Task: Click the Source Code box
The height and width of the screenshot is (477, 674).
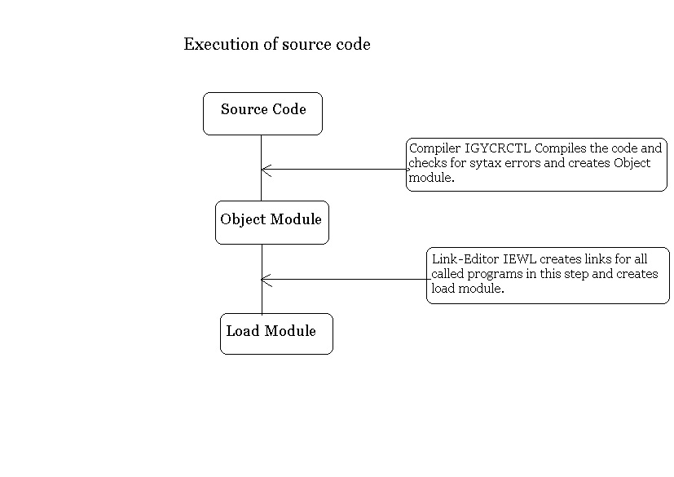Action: click(x=262, y=113)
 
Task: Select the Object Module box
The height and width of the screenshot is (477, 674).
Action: click(x=271, y=222)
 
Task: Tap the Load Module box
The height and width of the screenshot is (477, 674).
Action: click(x=276, y=333)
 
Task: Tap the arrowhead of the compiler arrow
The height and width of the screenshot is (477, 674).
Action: click(x=264, y=170)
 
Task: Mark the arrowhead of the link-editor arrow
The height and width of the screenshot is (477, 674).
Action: click(x=264, y=280)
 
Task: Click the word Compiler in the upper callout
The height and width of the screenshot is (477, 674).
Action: click(x=434, y=148)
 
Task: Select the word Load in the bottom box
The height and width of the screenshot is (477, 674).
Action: click(x=242, y=330)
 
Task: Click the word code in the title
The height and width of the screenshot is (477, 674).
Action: click(x=353, y=44)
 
